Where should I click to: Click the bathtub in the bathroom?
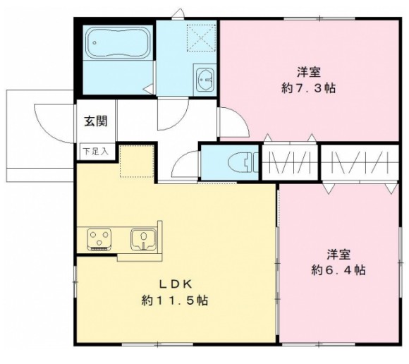coord(118,45)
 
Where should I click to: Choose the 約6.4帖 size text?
coord(339,269)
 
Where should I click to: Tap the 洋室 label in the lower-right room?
coord(338,253)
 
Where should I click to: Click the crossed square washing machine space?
coord(200,35)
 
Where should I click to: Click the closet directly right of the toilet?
coord(291,163)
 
